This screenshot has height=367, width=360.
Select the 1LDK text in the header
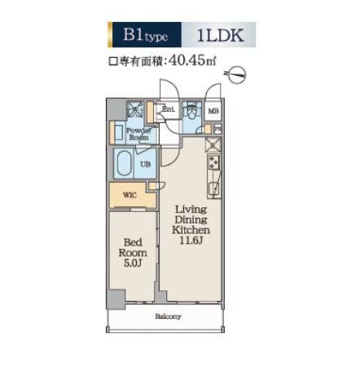point(221,35)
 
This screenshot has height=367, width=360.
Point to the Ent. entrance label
point(169,108)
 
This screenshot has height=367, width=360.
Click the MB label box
point(214,111)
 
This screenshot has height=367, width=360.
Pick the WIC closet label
point(130,195)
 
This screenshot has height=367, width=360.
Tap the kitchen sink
point(214,190)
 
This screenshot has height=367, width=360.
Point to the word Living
point(191,208)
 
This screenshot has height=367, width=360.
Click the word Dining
point(191,220)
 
